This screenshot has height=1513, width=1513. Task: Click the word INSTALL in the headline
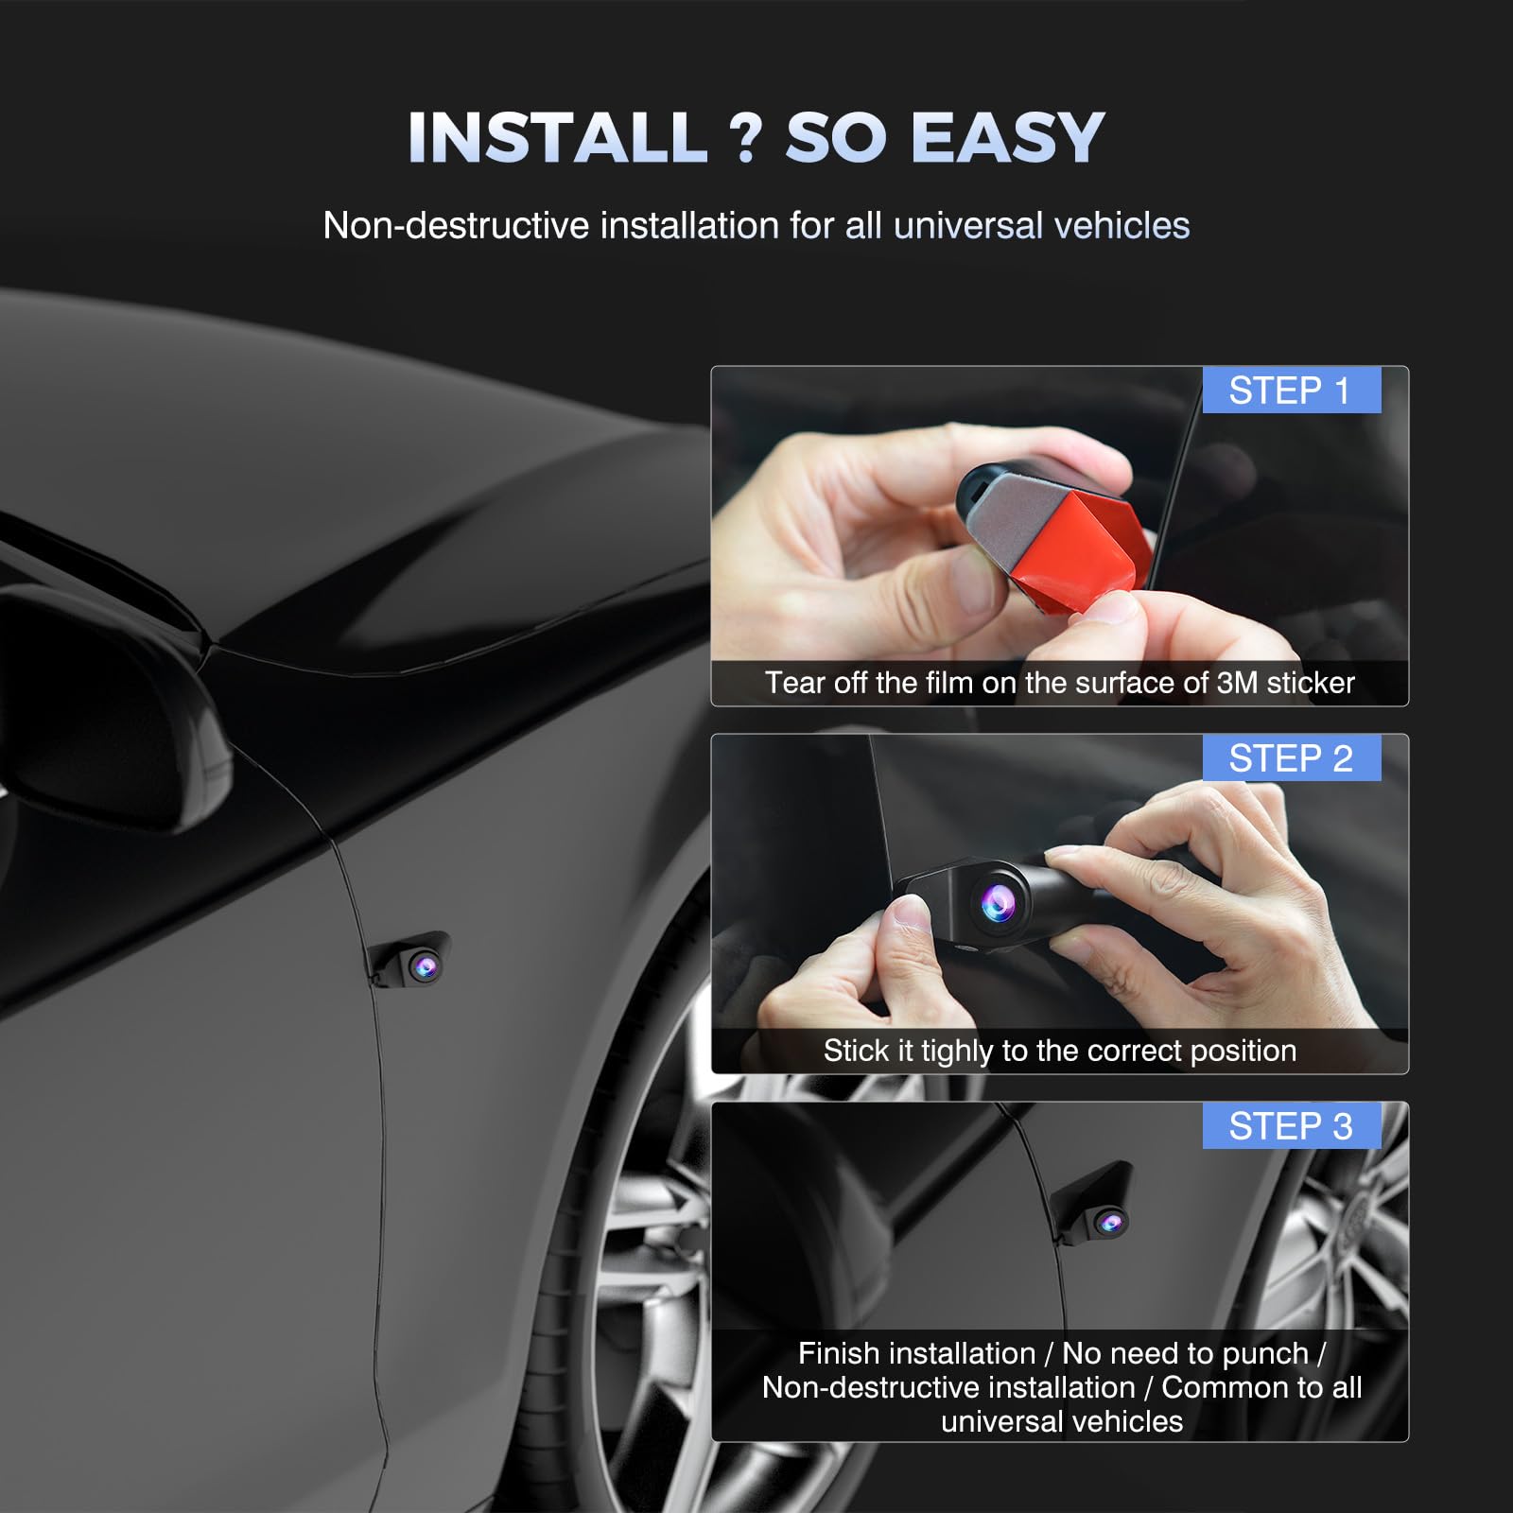coord(557,138)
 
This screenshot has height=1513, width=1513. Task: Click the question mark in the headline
coord(746,138)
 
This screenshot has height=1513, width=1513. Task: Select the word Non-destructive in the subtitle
coord(456,226)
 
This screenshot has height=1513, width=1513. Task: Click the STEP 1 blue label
coord(1290,391)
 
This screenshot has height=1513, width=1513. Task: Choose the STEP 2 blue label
coord(1290,758)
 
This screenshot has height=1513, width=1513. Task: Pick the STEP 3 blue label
coord(1290,1126)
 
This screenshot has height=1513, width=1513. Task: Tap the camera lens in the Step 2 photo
coord(998,903)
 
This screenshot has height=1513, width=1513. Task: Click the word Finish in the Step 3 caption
coord(839,1354)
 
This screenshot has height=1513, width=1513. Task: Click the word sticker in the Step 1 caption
coord(1311,683)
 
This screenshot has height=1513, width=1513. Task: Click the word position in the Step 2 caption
coord(1243,1051)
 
